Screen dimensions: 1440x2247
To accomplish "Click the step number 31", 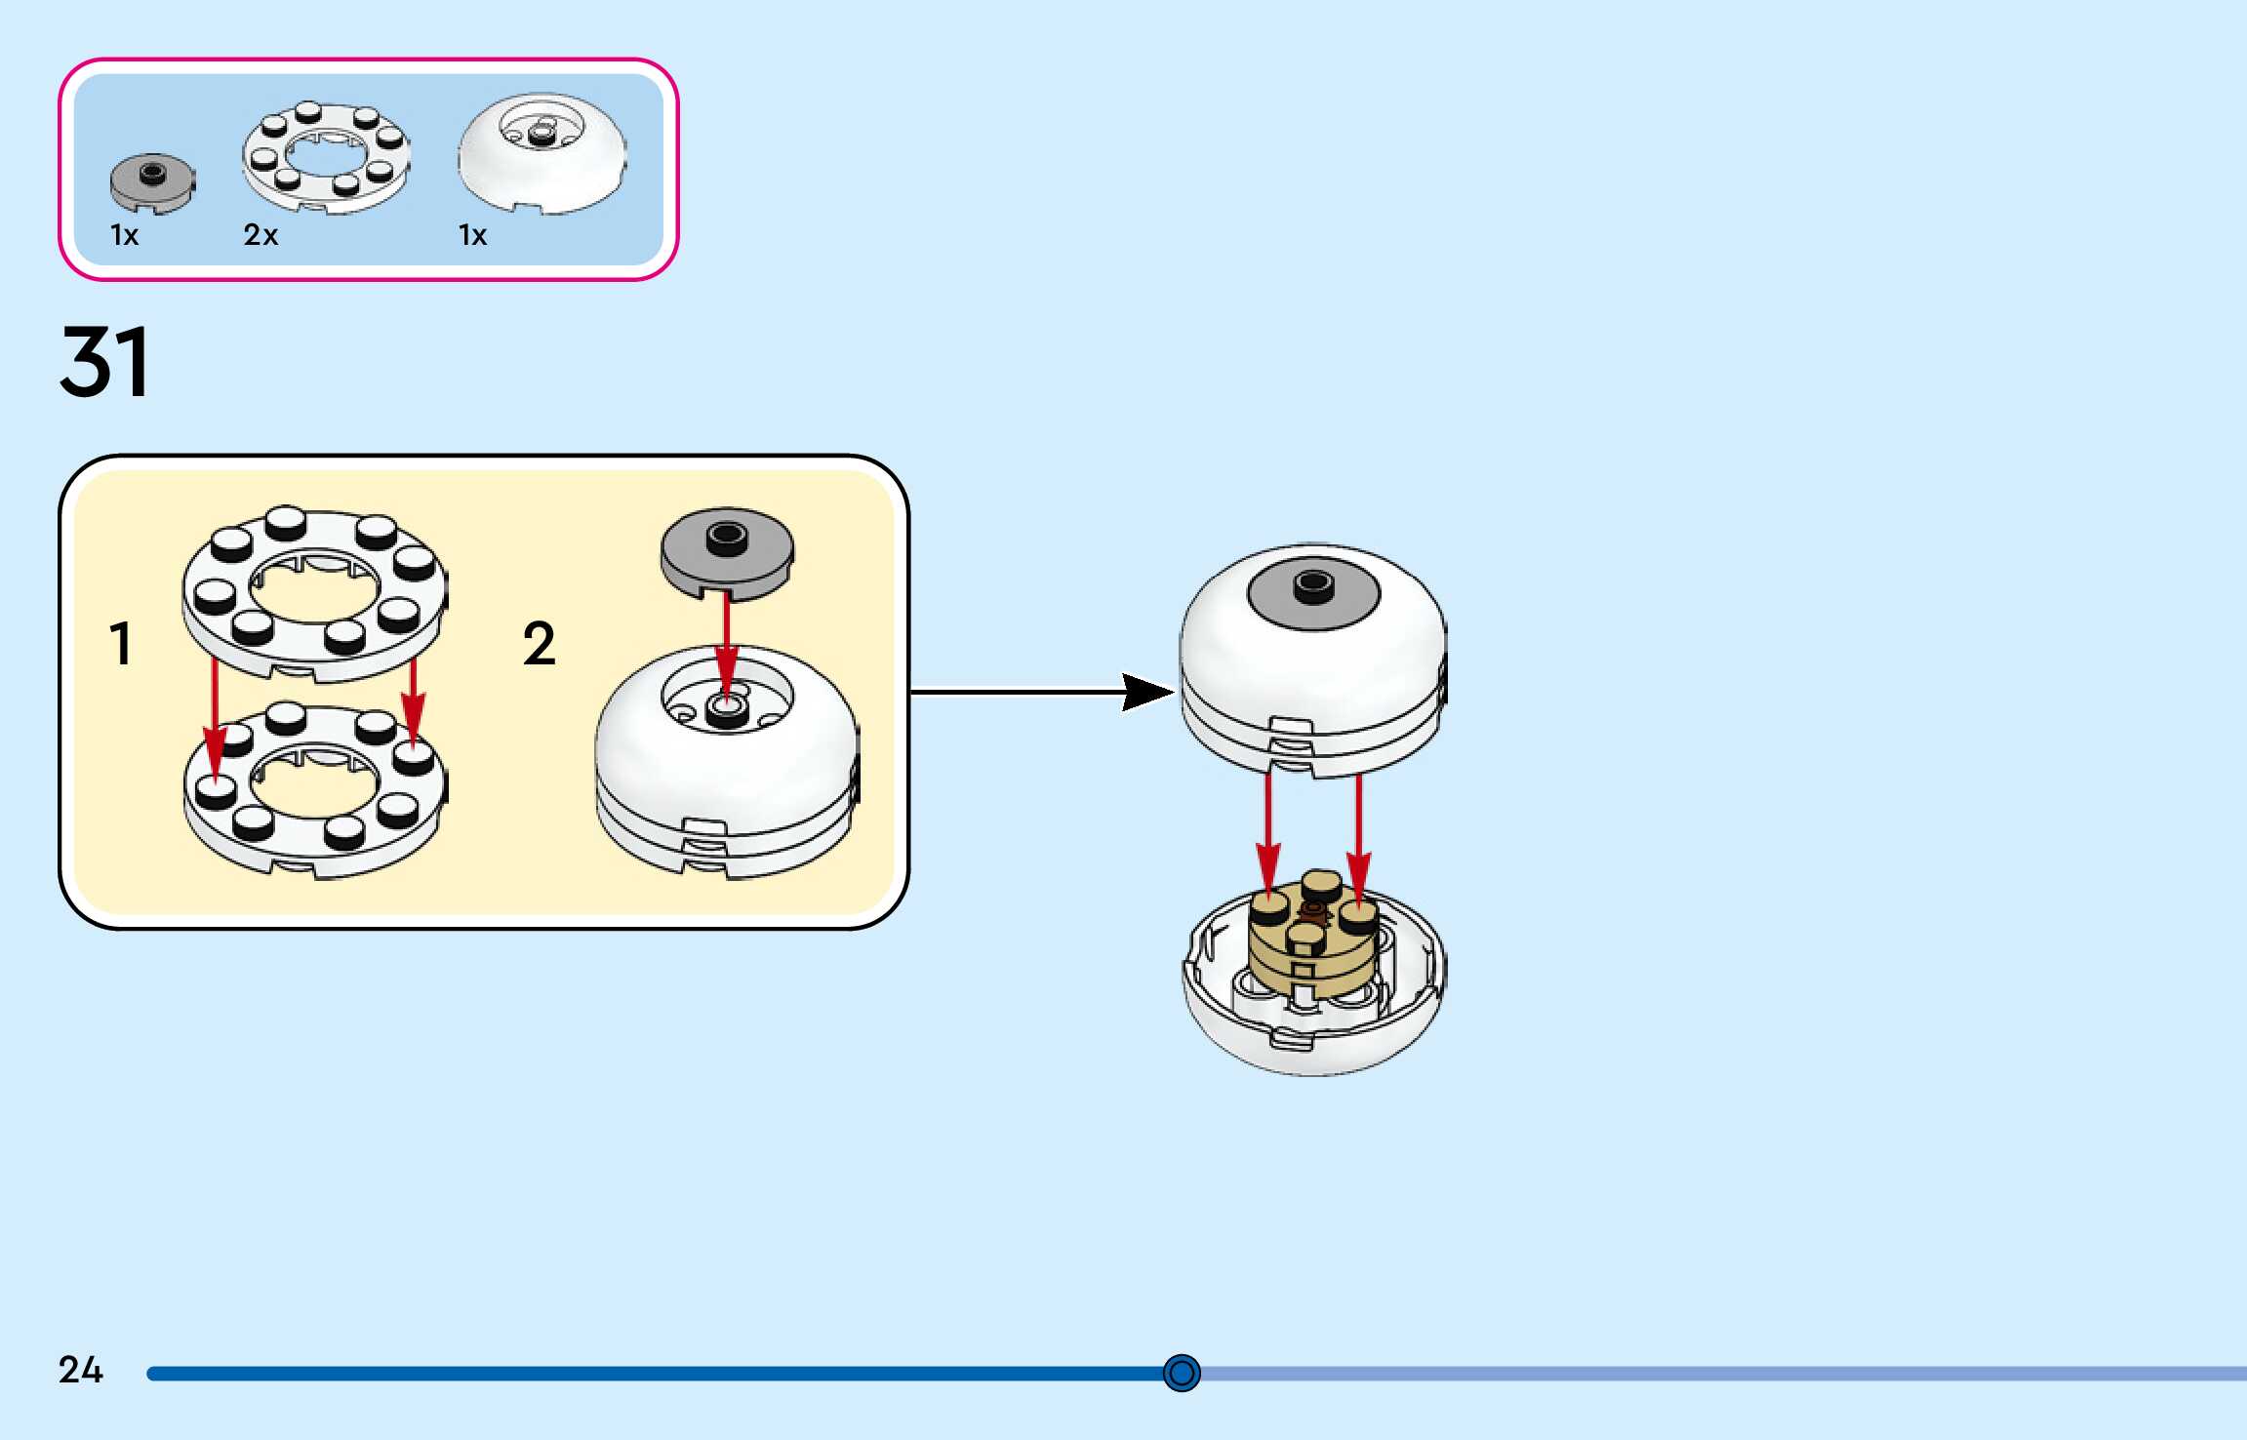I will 104,362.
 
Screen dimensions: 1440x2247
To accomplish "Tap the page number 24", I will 80,1370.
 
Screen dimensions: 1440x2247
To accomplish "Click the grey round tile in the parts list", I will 152,182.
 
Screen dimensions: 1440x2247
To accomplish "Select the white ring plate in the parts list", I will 326,158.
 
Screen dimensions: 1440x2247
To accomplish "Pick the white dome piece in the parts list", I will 542,154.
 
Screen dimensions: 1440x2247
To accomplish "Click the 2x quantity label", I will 261,235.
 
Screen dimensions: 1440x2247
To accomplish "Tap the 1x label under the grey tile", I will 124,235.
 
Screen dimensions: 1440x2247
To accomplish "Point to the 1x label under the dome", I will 472,235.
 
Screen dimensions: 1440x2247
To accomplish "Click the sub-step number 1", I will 120,644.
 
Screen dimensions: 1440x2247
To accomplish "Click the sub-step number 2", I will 539,644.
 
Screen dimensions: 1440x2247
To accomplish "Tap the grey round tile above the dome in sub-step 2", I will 727,551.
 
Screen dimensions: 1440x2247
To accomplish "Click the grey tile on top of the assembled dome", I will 1313,591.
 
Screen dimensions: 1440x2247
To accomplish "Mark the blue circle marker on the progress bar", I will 1182,1373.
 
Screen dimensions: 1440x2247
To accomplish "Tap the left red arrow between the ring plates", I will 216,722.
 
